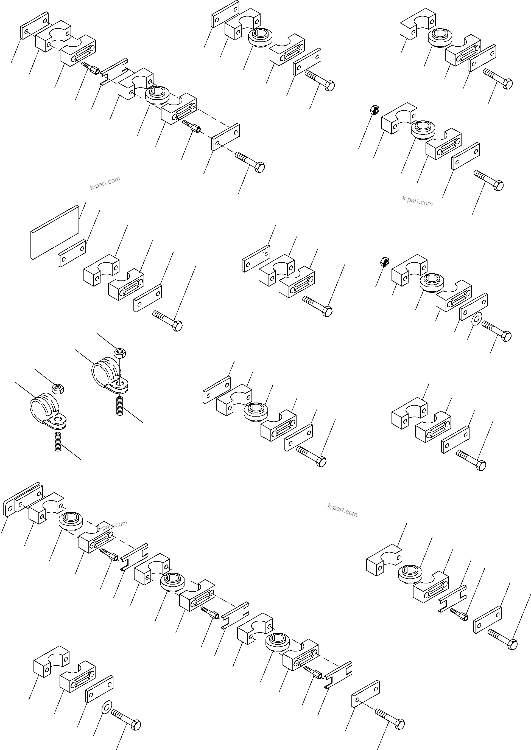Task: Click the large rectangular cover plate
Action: coord(55,232)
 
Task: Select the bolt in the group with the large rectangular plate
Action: coord(167,321)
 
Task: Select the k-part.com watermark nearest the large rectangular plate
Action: coord(105,183)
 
